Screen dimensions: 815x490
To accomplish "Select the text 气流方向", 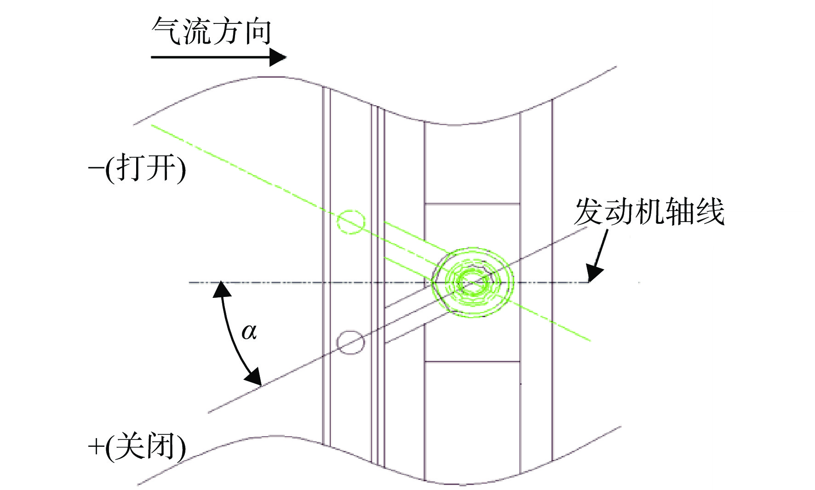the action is pos(212,32).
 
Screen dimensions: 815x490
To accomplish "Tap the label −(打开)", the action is pos(137,168).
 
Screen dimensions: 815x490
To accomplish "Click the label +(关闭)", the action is pos(137,446).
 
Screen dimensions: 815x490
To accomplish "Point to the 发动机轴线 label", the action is pos(649,211).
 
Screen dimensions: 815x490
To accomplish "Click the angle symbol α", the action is pos(249,331).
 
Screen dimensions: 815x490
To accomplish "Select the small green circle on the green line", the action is pos(351,222).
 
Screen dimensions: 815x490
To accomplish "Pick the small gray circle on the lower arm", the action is pos(351,342).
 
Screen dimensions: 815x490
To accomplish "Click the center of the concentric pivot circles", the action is pos(472,282).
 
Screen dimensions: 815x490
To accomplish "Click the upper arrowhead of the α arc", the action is pos(222,289).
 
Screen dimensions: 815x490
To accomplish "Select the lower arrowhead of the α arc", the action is pos(253,376).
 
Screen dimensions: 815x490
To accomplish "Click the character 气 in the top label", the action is pos(166,32).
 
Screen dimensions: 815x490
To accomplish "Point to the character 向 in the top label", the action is pos(258,32).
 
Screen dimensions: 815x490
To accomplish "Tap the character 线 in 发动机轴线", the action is pos(710,211).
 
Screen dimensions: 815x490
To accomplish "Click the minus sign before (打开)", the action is pos(96,168).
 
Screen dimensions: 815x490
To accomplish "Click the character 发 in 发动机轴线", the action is pos(588,211).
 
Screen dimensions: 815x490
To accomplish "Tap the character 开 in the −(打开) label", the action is pos(161,168).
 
